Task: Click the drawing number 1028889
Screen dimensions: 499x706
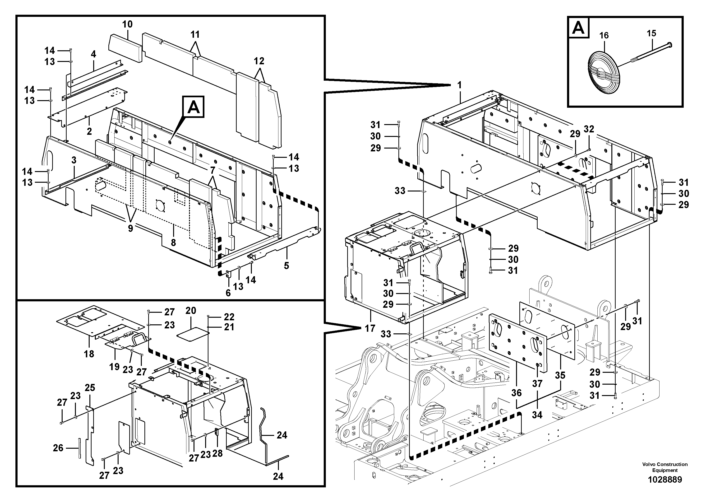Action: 664,479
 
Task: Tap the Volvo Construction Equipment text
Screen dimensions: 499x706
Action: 664,467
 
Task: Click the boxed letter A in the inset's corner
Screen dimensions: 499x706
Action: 578,28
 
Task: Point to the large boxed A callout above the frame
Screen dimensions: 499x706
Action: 194,107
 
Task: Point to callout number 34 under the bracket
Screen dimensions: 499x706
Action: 537,415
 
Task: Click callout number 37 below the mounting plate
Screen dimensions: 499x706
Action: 537,384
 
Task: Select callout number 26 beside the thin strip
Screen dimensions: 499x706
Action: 58,448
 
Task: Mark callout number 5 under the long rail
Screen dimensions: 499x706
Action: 286,266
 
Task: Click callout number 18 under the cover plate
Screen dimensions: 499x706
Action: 89,354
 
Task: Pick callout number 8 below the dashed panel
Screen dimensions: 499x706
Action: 173,243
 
